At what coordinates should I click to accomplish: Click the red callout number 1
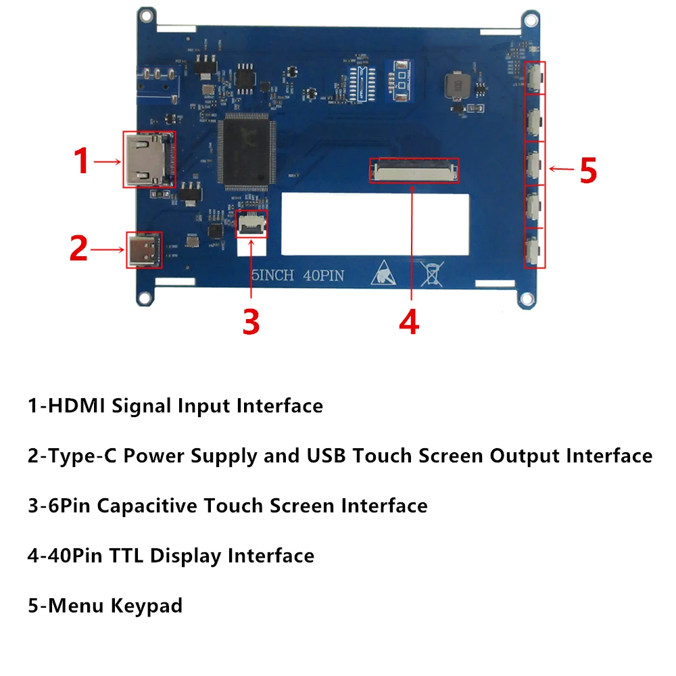pos(81,162)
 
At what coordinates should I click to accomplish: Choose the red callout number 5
pos(588,170)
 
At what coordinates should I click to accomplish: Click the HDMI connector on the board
pos(149,160)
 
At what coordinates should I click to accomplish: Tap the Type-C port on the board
pos(144,250)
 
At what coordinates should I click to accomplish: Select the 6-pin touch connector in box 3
pos(250,224)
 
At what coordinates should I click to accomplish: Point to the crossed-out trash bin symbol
pos(431,274)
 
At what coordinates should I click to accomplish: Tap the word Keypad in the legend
pos(149,606)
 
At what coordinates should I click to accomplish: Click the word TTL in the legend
pos(127,556)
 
